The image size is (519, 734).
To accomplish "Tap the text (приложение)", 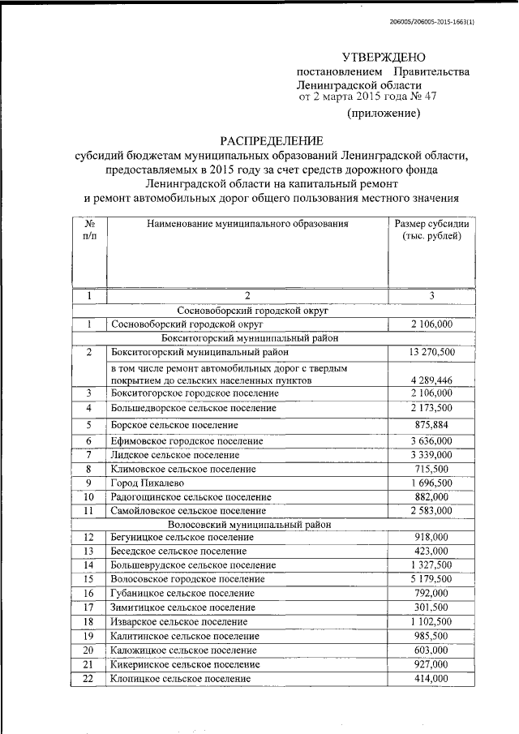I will click(384, 114).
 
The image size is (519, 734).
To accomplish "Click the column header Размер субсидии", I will click(431, 223).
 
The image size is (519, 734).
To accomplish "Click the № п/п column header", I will click(89, 230).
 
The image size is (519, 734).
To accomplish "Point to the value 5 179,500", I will click(431, 579).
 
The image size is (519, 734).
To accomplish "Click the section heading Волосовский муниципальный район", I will click(248, 525).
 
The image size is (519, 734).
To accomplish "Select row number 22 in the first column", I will click(89, 678).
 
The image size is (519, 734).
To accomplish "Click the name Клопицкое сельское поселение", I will click(181, 678).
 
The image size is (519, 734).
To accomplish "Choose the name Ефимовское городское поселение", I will click(187, 440).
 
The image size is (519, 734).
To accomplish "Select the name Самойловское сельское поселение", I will click(188, 510).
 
